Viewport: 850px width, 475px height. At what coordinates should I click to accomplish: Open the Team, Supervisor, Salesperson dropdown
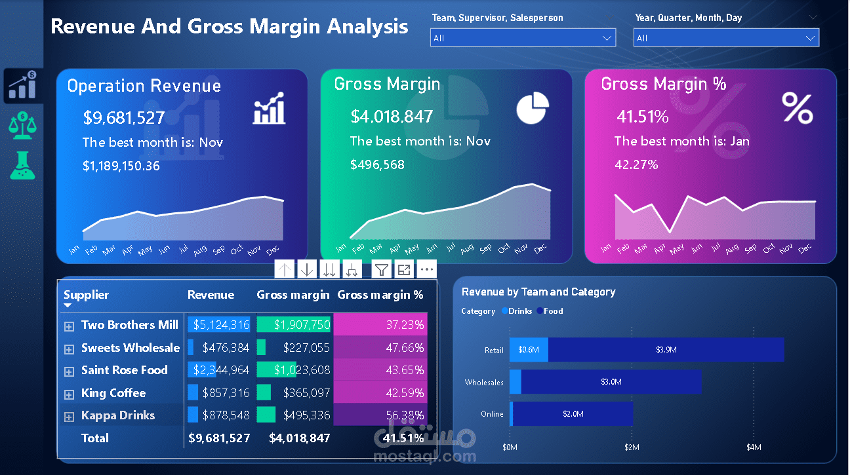523,38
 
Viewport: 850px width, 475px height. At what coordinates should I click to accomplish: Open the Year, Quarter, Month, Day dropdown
726,38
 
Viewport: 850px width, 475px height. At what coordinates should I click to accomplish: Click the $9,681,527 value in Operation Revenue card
124,118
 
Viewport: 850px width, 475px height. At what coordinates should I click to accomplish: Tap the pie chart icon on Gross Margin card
532,108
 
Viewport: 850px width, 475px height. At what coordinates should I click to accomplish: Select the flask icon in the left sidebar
22,165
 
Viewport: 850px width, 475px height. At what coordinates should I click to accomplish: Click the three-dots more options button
426,269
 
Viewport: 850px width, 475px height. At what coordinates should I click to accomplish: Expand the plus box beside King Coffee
69,394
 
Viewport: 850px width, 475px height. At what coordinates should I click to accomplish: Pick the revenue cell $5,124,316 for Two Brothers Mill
219,325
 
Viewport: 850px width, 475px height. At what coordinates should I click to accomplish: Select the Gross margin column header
293,295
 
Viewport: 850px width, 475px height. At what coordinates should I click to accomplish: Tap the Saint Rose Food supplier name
124,370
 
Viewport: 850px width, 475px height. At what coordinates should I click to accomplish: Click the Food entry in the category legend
552,311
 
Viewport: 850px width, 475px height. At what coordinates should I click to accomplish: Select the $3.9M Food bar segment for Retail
665,350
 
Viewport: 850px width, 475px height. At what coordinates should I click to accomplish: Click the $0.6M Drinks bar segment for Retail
529,350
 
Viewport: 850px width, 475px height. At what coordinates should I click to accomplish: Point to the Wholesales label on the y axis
484,382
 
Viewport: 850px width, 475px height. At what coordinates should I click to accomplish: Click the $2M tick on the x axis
632,447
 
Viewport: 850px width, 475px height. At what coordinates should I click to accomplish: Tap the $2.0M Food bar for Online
573,414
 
